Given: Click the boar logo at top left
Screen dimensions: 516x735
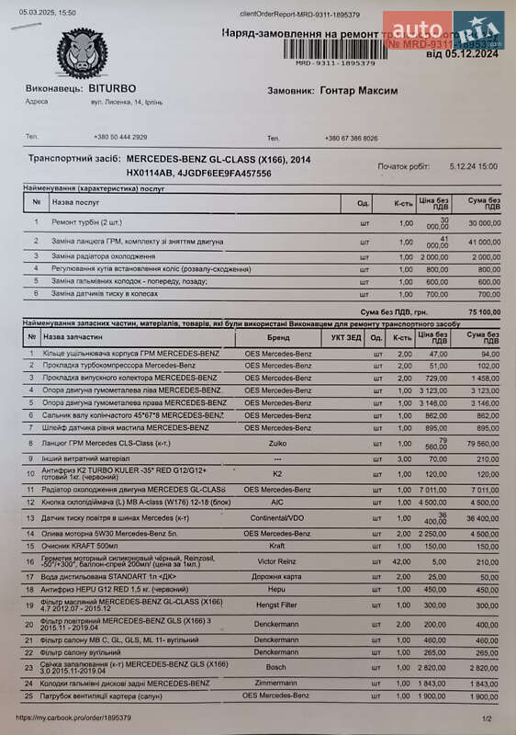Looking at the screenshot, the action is point(82,52).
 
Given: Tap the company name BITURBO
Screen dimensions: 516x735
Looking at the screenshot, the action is point(113,88).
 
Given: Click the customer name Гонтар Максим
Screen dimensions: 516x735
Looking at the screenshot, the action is point(358,91).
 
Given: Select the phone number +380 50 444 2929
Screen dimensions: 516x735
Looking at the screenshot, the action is point(119,137).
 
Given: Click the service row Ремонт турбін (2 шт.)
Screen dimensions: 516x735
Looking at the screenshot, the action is point(88,222).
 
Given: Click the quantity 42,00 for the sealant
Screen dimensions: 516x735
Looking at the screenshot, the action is point(402,560).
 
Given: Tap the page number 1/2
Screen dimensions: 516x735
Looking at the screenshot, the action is point(487,718).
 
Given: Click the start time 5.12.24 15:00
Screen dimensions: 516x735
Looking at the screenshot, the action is point(474,166).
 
